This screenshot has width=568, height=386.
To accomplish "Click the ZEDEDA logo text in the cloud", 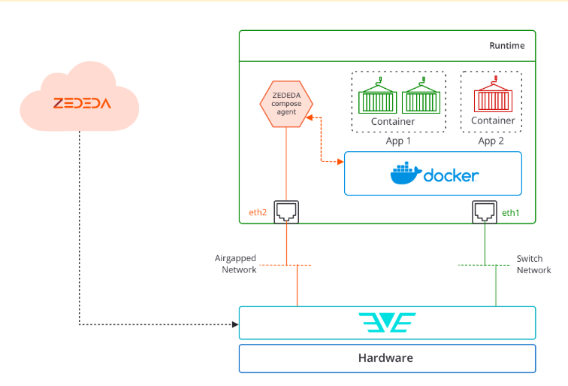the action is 82,103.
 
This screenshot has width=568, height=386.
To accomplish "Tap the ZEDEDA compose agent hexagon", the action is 286,104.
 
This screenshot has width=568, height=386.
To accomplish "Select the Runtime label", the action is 507,46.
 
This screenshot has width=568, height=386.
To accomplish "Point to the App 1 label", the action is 398,141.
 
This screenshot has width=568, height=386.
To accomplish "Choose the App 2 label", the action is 491,141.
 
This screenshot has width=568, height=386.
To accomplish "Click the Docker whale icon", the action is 406,173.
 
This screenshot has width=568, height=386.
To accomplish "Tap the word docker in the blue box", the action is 451,175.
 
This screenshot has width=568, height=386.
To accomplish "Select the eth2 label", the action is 258,212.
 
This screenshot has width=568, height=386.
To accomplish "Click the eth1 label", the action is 510,213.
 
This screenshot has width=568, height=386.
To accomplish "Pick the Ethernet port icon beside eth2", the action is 286,212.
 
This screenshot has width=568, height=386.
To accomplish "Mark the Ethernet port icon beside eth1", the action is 485,212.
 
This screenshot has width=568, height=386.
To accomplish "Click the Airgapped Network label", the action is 235,264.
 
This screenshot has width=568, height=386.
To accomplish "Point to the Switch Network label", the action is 533,264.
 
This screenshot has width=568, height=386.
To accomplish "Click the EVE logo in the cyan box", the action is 387,323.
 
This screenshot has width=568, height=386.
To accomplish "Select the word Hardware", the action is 385,358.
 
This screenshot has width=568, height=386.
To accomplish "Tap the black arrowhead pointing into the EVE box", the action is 235,324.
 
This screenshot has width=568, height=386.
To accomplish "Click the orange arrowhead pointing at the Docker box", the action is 340,162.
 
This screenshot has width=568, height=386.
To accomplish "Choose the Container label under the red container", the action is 493,120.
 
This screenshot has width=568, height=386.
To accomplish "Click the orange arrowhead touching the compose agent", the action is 310,117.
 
